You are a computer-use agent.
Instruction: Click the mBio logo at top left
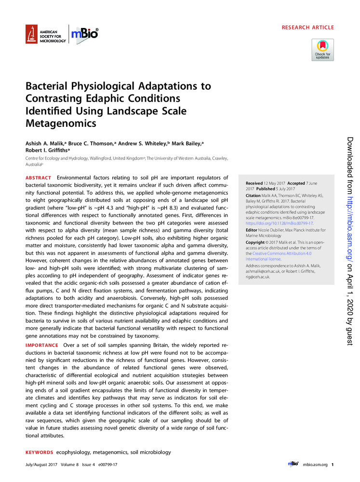[x=84, y=33]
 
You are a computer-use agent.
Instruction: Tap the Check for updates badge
[x=322, y=49]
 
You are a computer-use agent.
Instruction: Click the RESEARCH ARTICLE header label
[x=307, y=28]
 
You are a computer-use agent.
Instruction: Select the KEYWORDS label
[x=39, y=453]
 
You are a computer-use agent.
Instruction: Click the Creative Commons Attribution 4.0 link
[x=285, y=253]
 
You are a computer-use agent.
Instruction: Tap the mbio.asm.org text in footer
[x=315, y=464]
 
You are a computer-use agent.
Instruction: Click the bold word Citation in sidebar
[x=254, y=195]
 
